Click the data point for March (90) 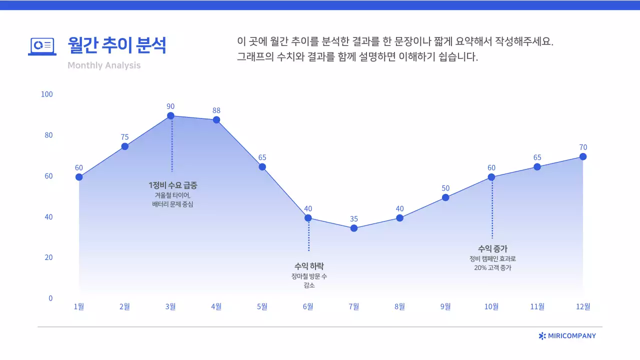170,116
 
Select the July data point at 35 354,228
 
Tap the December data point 583,156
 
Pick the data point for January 79,177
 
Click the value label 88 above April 216,110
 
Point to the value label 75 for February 124,137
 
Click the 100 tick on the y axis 47,94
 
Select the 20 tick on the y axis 48,257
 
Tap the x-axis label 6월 308,306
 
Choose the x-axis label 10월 491,306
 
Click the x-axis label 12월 583,306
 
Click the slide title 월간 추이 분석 117,45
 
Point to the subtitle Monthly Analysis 104,65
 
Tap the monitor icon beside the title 42,46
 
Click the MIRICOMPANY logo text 571,336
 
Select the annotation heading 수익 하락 309,266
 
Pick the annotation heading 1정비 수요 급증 173,185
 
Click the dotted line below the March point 171,147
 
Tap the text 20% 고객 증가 492,268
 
